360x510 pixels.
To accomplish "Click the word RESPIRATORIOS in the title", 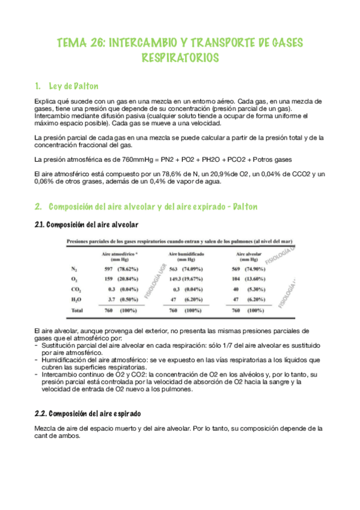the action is pos(180,58).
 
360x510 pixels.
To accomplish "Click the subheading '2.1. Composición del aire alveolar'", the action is pos(87,224).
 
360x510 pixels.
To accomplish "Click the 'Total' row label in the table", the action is pos(77,310).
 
